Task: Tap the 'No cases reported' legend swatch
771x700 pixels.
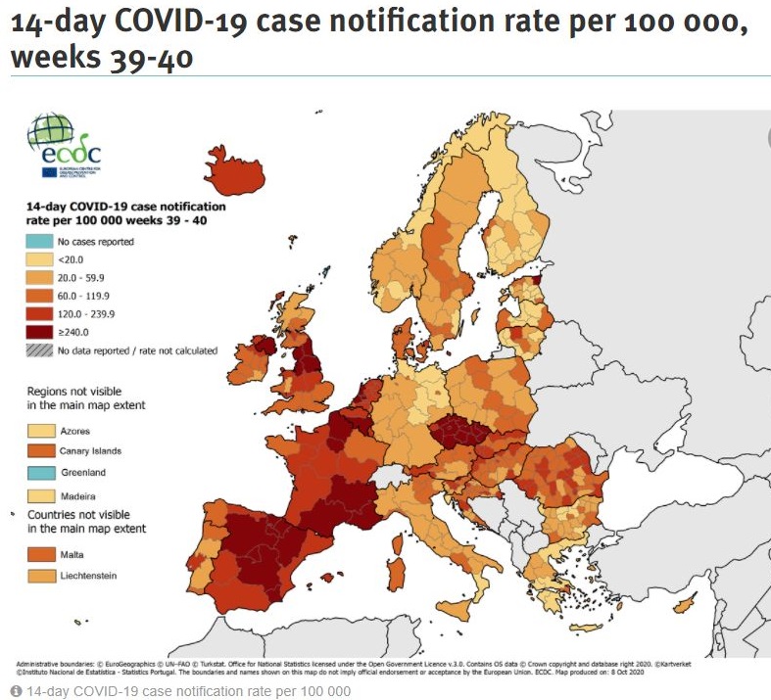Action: point(39,241)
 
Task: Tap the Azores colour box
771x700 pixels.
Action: point(39,430)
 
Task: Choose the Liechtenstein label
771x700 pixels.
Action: point(88,576)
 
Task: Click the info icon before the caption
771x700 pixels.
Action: point(16,691)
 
